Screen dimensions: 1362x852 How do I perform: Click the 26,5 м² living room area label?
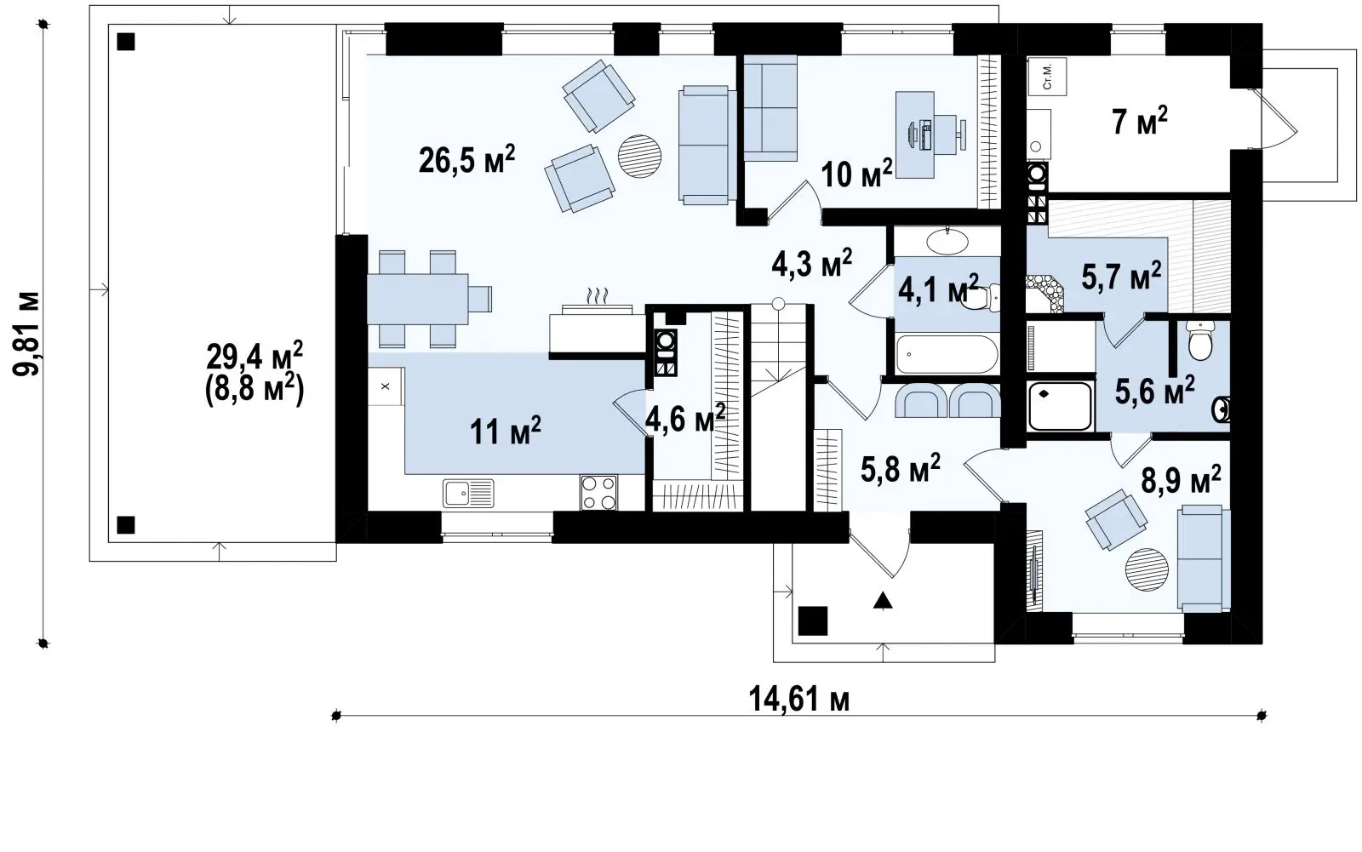(467, 159)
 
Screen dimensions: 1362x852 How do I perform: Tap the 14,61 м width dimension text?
(799, 699)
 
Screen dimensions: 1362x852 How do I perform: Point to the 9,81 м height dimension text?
(26, 334)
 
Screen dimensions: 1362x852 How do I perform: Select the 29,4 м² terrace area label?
(255, 357)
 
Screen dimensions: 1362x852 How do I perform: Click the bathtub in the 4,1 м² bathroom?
(947, 354)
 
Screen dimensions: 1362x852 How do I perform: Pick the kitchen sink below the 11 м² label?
(468, 493)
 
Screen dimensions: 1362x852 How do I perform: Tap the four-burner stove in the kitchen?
(598, 493)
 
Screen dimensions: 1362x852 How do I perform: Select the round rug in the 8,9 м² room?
(1146, 569)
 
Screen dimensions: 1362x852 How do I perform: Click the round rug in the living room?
(639, 156)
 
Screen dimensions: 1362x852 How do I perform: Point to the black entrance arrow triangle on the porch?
(883, 601)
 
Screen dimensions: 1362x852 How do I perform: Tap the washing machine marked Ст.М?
(1047, 77)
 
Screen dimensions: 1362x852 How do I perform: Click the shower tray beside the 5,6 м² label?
(1059, 406)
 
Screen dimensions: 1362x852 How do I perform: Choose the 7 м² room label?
(1140, 120)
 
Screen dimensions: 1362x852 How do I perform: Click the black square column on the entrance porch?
(812, 620)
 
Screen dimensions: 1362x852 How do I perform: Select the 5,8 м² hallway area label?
(901, 468)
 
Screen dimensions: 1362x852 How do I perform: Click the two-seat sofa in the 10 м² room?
(770, 108)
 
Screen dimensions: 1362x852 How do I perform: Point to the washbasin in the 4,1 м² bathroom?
(947, 242)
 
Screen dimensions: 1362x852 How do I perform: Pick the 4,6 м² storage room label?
(685, 419)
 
